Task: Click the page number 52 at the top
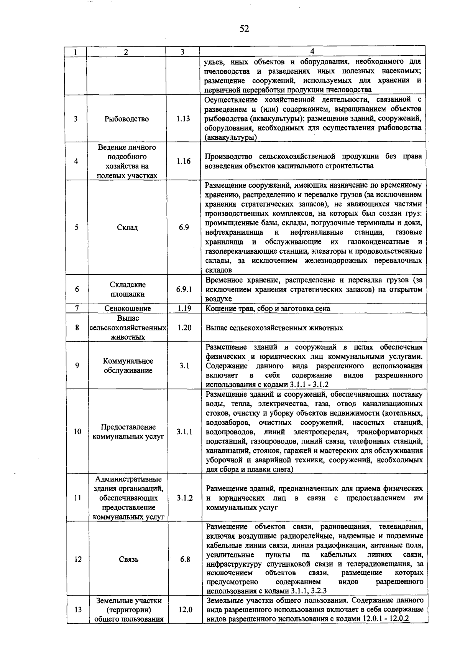tap(244, 29)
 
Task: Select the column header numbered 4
tap(312, 52)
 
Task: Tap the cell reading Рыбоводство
tap(127, 119)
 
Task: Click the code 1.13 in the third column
tap(183, 119)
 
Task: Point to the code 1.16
tap(184, 161)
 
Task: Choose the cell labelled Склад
tap(127, 228)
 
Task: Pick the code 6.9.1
tap(184, 289)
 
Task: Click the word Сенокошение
tap(128, 308)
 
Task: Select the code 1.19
tap(184, 308)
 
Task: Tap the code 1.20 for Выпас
tap(184, 328)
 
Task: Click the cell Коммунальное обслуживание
tap(128, 366)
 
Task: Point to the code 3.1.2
tap(185, 498)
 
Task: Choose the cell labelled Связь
tap(128, 559)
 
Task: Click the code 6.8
tap(185, 559)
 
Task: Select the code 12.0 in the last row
tap(185, 609)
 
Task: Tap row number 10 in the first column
tap(77, 432)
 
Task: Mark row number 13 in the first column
tap(78, 609)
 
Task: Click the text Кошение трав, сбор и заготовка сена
tap(268, 308)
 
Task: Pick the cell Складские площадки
tap(128, 289)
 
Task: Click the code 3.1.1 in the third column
tap(184, 432)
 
